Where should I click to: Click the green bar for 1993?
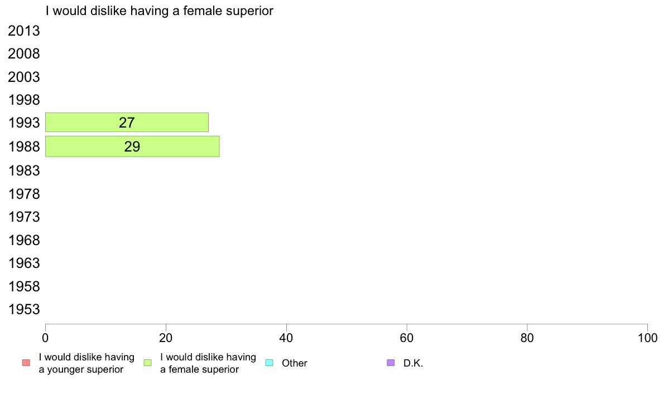(x=127, y=123)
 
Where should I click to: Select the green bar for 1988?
(x=132, y=147)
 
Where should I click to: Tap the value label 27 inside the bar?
(x=127, y=123)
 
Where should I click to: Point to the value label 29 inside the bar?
(x=132, y=147)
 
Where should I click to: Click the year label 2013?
(x=23, y=31)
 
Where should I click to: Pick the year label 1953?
(x=23, y=310)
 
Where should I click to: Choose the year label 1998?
(x=23, y=100)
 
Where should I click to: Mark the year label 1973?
(x=23, y=217)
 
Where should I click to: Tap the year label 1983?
(x=23, y=170)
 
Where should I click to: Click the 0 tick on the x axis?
(x=45, y=338)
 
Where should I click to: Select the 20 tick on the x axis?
(x=166, y=338)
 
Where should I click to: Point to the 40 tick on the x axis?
(x=286, y=338)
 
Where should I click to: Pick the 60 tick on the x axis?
(x=407, y=338)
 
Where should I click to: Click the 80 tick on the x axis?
(x=527, y=338)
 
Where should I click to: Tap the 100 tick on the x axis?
(x=647, y=338)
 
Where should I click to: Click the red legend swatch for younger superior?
(x=26, y=363)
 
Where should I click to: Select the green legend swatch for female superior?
(x=147, y=363)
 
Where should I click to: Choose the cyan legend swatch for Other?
(x=270, y=363)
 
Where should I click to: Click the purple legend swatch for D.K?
(x=391, y=363)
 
